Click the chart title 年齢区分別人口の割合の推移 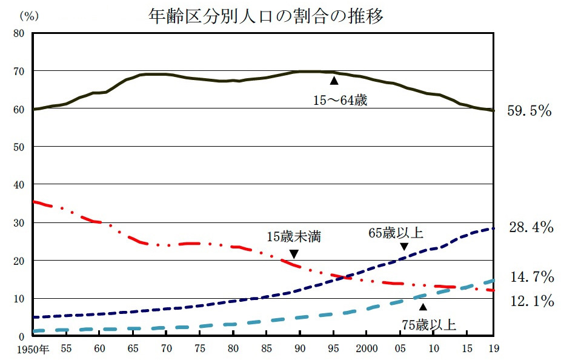[x=266, y=16]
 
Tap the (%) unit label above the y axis [x=29, y=16]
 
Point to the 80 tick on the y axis [x=19, y=33]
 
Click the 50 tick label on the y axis [x=19, y=147]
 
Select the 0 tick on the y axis [x=21, y=336]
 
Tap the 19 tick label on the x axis [x=493, y=349]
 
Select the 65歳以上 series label [x=396, y=233]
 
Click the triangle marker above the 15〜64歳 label [x=334, y=80]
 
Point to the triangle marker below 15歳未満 [x=294, y=253]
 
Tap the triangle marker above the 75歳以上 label [x=423, y=306]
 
